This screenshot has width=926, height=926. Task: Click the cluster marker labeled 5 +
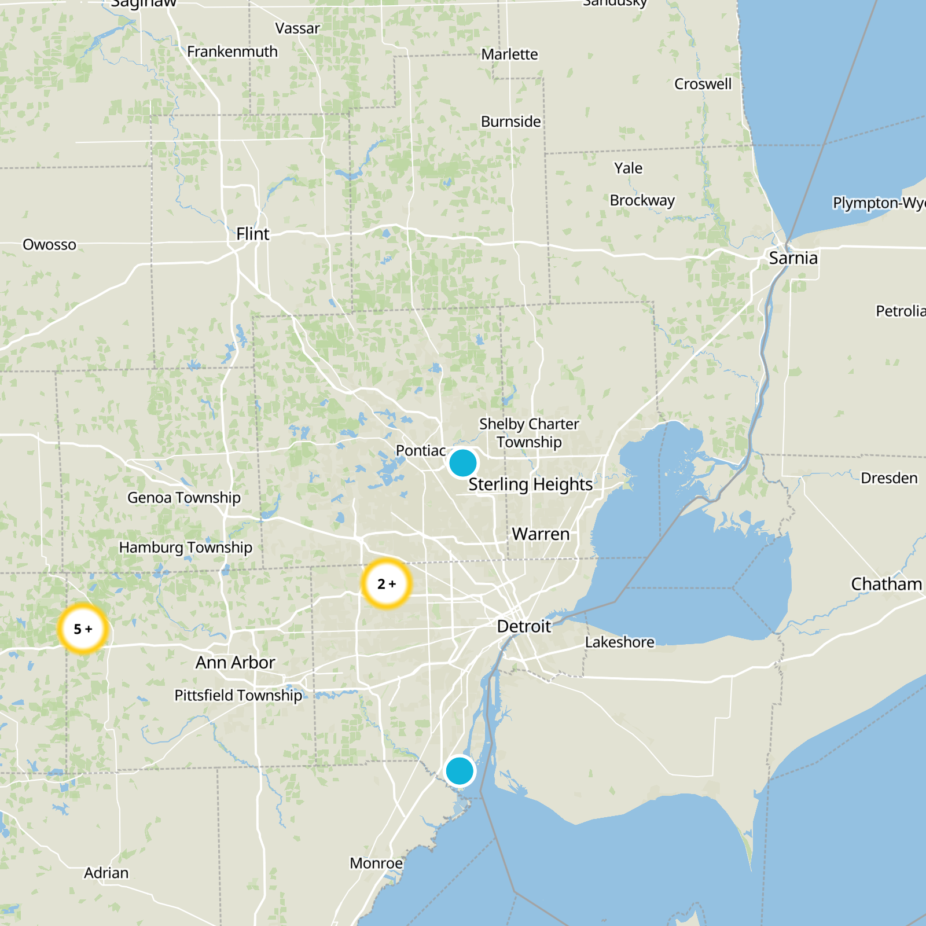coord(83,629)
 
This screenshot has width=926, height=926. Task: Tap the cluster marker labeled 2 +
coord(386,583)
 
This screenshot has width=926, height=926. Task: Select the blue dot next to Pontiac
coord(462,463)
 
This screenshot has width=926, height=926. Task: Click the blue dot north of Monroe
coord(460,771)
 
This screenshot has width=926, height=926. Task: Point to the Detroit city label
coord(524,626)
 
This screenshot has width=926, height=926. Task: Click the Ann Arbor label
coord(235,662)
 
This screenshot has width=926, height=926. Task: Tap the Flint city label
coord(252,234)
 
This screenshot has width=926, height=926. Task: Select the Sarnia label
coord(793,258)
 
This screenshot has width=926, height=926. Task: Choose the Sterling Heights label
coord(530,484)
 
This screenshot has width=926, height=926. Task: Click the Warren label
coord(541,534)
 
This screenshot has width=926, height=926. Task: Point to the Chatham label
coord(886,584)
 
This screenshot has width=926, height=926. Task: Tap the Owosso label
coord(49,245)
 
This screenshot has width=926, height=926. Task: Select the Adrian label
coord(106,873)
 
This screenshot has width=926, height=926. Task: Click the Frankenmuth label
coord(232,52)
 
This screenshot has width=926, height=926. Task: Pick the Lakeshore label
coord(619,642)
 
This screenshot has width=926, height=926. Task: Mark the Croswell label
coord(703,84)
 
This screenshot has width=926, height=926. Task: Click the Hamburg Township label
coord(185,547)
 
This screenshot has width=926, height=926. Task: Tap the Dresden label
coord(889,478)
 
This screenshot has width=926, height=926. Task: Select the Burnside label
coord(510,122)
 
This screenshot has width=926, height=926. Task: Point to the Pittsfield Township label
coord(238,695)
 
